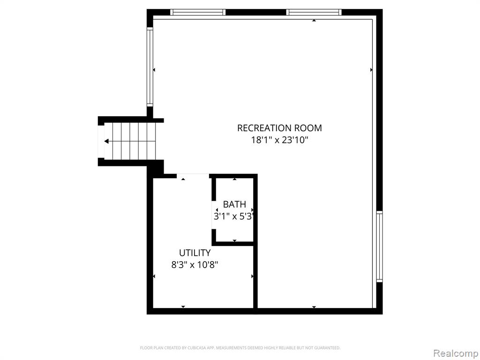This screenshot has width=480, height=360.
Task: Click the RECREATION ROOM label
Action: [279, 127]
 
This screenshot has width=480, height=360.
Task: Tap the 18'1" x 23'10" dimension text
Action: [279, 140]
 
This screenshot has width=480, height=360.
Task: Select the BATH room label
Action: [234, 204]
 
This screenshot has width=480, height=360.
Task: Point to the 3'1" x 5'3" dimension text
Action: [234, 217]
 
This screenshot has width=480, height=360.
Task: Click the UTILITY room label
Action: [195, 253]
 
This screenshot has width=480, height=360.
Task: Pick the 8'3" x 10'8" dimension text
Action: [195, 264]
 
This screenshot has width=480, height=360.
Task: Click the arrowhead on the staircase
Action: [106, 141]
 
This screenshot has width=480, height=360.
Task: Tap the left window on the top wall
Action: [198, 12]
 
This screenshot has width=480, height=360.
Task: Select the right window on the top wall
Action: [314, 12]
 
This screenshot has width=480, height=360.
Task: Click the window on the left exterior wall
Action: [150, 67]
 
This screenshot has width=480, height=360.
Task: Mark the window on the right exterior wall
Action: [380, 247]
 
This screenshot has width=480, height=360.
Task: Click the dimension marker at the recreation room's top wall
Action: [314, 21]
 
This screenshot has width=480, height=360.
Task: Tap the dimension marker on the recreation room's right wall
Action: [371, 70]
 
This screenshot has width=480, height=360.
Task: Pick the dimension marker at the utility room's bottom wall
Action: [183, 307]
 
